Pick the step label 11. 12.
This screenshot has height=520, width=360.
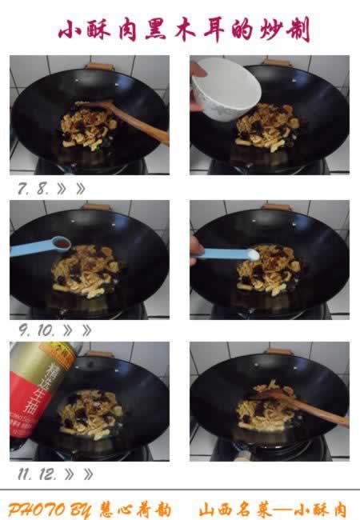point(38,474)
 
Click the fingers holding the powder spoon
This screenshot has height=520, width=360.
point(196,249)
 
